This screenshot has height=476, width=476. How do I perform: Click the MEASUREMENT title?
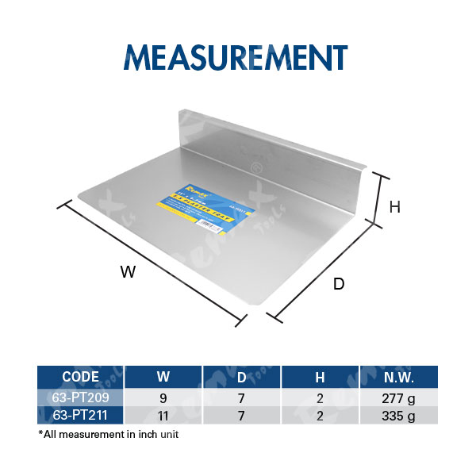[x=236, y=57]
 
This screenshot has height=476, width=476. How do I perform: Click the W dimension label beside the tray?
[x=129, y=272]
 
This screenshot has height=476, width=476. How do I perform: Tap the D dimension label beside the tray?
[x=339, y=284]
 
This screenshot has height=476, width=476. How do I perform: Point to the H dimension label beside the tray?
[x=395, y=207]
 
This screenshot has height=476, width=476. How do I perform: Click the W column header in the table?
[x=163, y=377]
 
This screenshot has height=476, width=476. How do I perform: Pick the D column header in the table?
[x=243, y=377]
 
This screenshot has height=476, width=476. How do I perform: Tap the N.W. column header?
[x=399, y=377]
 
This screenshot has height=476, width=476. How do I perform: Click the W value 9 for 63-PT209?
[x=163, y=397]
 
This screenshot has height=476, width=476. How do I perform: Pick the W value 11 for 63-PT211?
[x=163, y=413]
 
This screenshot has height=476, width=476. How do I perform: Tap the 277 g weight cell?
[x=399, y=397]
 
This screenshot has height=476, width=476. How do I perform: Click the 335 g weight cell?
[x=399, y=413]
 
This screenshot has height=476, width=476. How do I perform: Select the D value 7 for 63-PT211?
[x=243, y=413]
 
